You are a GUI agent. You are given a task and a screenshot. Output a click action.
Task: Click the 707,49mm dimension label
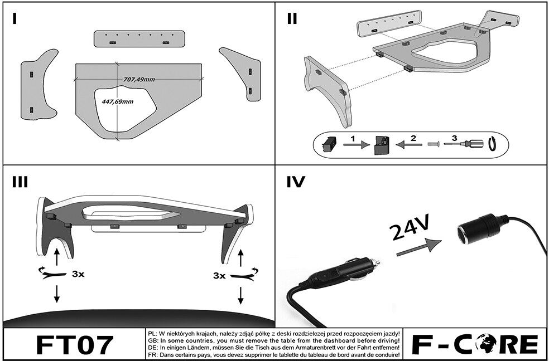139,79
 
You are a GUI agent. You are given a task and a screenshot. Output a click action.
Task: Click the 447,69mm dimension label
117,102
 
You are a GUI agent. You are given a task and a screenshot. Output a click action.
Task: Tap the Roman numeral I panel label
15,18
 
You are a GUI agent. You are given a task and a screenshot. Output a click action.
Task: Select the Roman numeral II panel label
292,18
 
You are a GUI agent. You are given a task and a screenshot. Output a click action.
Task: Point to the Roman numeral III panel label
20,182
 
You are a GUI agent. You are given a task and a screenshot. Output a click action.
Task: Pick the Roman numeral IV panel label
296,182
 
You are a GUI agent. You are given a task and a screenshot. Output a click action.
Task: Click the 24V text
409,227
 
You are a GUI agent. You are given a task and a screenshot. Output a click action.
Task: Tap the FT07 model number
75,345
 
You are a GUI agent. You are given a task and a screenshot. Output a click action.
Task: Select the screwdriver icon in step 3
463,143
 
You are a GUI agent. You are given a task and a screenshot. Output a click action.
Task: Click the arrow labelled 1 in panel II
357,144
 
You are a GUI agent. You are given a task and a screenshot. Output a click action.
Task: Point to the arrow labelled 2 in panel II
408,144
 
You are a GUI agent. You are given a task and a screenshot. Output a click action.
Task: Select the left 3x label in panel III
78,274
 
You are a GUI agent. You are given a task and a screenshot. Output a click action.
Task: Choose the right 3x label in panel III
219,276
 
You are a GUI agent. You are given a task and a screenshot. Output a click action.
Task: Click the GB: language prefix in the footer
153,340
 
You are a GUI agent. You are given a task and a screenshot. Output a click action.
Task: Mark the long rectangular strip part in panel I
139,39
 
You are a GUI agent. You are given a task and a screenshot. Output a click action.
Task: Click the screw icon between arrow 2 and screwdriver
434,144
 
